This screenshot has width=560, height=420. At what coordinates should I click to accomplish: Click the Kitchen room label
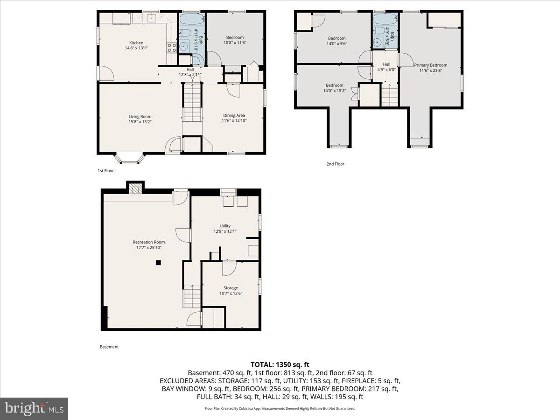click(133, 43)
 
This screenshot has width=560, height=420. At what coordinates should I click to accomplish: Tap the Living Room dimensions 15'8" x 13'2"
click(140, 122)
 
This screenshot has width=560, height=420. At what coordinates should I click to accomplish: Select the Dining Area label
click(234, 115)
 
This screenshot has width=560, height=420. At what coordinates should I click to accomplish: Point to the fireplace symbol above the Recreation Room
click(135, 188)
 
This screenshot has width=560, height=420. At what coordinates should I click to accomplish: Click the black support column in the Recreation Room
click(158, 263)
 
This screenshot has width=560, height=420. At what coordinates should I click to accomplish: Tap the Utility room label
click(225, 226)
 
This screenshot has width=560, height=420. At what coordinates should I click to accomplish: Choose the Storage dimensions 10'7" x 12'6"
click(231, 293)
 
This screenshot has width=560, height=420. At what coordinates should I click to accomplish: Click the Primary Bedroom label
click(430, 65)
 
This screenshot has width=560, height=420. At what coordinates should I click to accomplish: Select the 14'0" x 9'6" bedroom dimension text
click(336, 43)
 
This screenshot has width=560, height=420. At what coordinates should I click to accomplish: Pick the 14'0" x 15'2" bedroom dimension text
click(334, 91)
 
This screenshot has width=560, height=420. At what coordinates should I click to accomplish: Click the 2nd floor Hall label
click(386, 64)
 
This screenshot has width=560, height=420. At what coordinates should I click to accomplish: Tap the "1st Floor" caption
click(105, 171)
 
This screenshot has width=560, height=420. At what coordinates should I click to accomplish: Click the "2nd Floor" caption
click(335, 164)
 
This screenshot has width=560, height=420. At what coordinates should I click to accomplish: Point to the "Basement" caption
click(109, 347)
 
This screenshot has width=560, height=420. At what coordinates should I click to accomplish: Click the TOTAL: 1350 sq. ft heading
click(280, 364)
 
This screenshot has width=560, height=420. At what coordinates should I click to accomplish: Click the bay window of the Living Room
click(130, 159)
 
